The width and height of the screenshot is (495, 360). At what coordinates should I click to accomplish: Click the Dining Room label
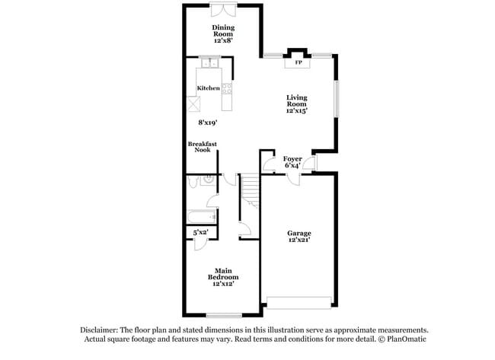coord(223,33)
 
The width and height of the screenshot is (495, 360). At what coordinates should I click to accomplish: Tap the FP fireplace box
coord(297,63)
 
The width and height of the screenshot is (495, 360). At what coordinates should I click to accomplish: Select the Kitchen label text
coord(208,88)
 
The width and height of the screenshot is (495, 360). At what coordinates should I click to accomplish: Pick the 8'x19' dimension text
coord(208,122)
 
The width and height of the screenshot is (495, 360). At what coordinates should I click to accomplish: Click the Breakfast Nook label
coord(203,147)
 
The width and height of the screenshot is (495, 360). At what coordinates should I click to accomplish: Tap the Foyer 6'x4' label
coord(293,162)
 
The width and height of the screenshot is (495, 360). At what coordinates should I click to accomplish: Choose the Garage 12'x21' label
coord(299,237)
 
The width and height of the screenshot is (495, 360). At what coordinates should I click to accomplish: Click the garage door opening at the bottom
coord(299,301)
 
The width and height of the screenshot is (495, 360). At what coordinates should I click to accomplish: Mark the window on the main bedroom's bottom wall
coord(223,315)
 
